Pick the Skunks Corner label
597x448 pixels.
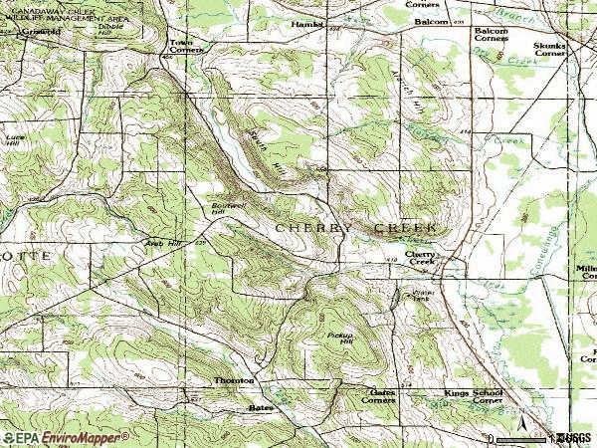click(x=552, y=51)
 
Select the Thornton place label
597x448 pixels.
click(x=234, y=380)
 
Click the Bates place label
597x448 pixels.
click(x=260, y=408)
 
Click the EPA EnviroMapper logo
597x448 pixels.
click(x=66, y=437)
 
